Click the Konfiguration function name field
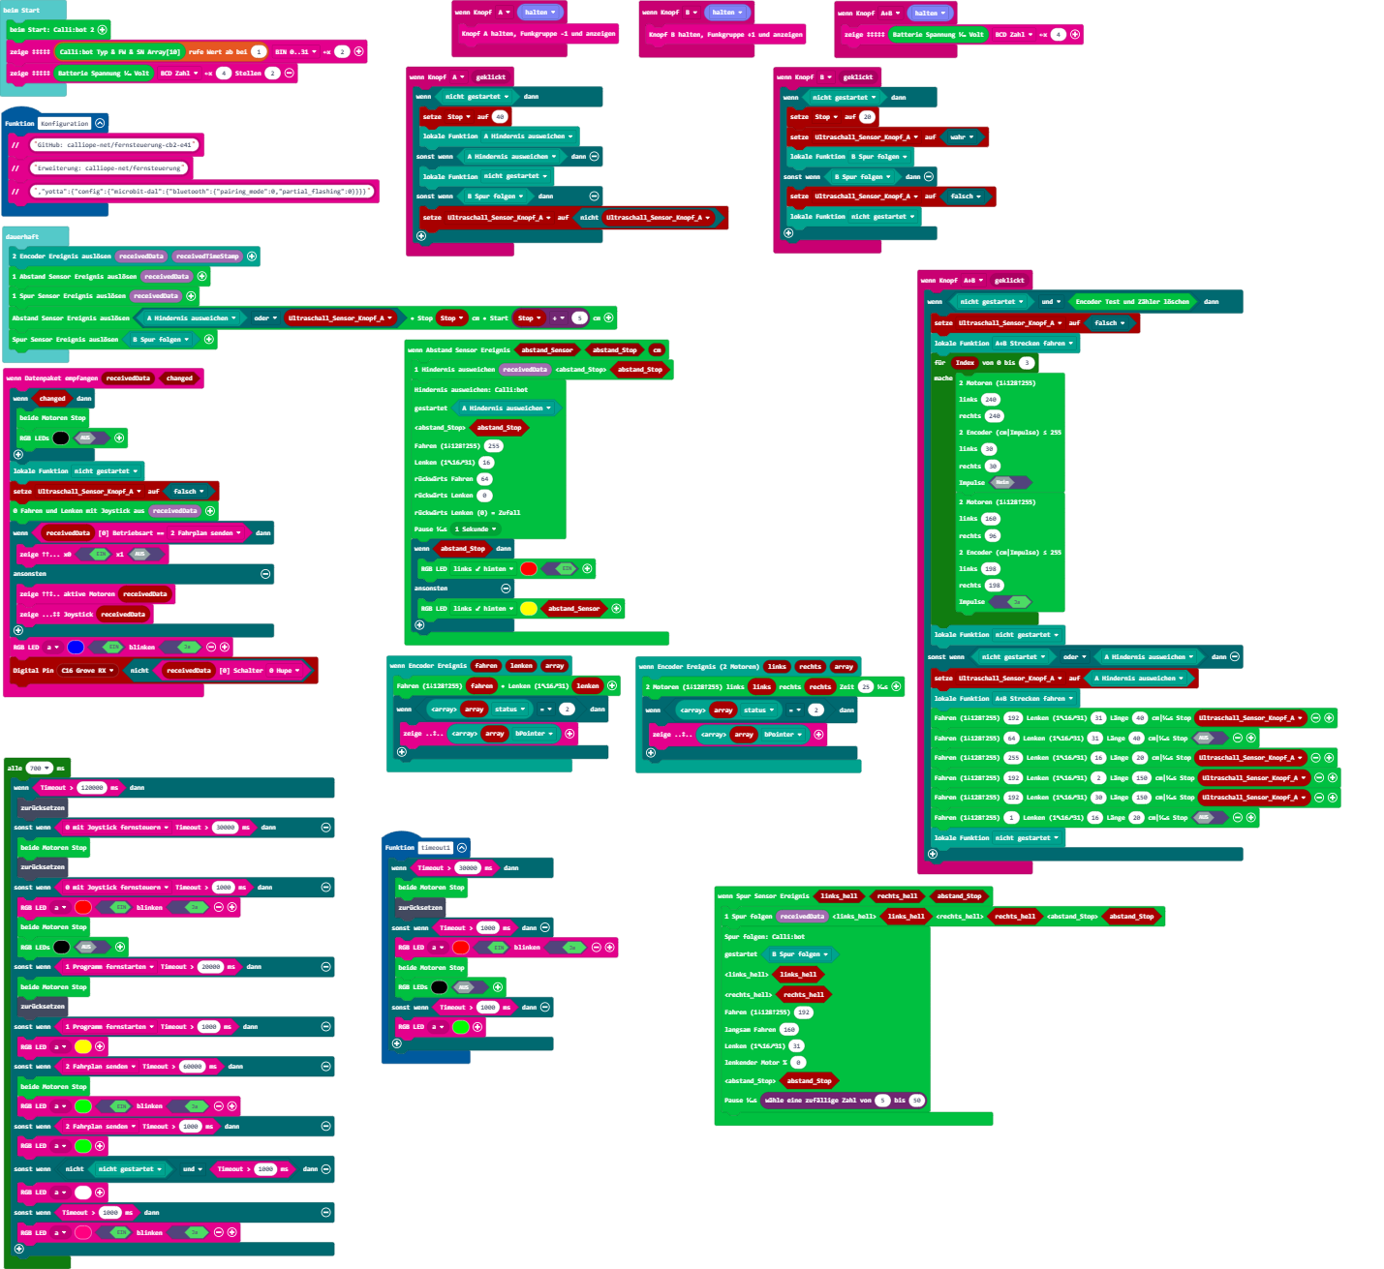point(65,123)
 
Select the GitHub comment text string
point(114,144)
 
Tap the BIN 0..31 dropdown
point(293,51)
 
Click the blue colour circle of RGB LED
point(76,647)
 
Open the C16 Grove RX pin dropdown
point(88,670)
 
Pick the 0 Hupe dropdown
point(285,670)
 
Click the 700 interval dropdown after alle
point(40,768)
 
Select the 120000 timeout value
point(92,787)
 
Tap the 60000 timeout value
point(193,1066)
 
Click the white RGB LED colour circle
point(83,1192)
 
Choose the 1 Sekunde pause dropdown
point(476,529)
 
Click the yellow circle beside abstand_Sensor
point(528,608)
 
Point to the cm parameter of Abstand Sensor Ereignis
point(657,349)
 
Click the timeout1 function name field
point(436,847)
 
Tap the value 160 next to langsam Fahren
point(789,1029)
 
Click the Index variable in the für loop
point(965,362)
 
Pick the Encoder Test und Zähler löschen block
point(1132,301)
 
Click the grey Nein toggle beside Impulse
point(1003,482)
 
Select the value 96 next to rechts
point(993,535)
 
